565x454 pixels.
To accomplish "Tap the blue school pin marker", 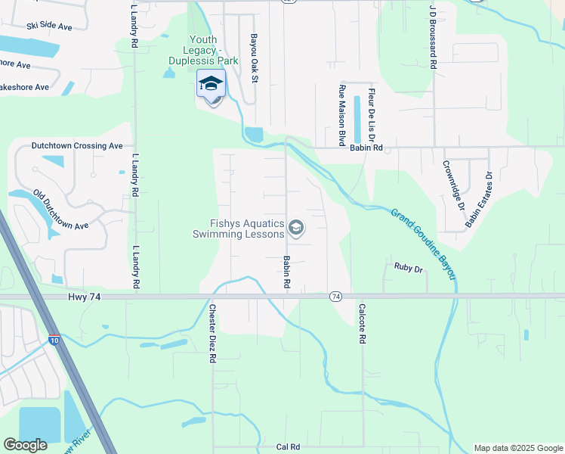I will (x=211, y=85).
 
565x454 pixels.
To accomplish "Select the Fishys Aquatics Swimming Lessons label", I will (x=247, y=229).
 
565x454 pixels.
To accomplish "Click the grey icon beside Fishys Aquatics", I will (x=296, y=228).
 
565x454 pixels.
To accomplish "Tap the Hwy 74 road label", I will (x=84, y=297).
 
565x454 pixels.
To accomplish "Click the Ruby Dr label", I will (x=408, y=266).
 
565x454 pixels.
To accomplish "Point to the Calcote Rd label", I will (x=363, y=324).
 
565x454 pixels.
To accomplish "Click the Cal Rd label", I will (x=289, y=446).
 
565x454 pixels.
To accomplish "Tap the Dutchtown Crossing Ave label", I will (x=76, y=145).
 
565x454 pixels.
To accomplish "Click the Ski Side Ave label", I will (x=49, y=26).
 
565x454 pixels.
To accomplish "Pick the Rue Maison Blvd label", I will (x=341, y=115).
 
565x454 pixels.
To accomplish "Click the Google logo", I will (x=26, y=445).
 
